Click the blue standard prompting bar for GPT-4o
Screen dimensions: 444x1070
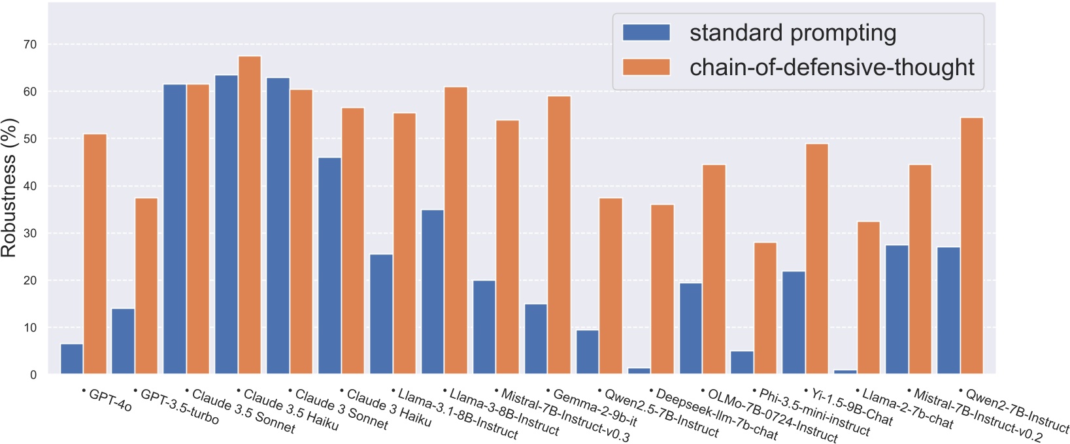[x=72, y=359]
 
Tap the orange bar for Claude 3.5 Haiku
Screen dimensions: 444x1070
[x=250, y=215]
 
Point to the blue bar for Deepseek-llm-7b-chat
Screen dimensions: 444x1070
[x=639, y=371]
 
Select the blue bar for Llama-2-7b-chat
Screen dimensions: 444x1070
[x=845, y=371]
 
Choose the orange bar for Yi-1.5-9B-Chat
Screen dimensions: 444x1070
[x=817, y=258]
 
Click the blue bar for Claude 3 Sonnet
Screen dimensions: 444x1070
[x=278, y=226]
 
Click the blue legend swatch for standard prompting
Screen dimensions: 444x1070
[x=646, y=33]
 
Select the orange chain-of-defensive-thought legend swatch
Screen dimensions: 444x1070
[x=646, y=67]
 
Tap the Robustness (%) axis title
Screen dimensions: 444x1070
[x=9, y=188]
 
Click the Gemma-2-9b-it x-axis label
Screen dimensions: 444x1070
[x=593, y=408]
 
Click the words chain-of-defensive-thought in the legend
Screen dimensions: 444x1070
[x=831, y=67]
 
